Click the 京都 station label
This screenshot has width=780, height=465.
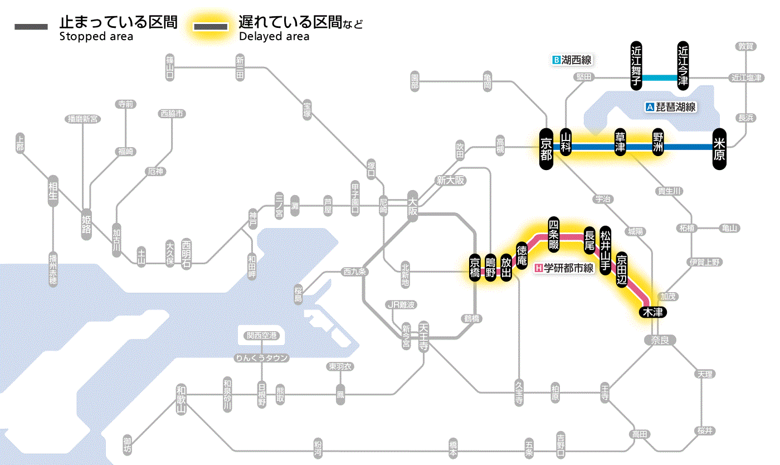tap(547, 148)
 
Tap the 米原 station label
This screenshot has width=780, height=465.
tap(719, 148)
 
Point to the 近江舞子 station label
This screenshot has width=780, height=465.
tap(636, 65)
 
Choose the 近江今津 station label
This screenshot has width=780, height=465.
tap(683, 65)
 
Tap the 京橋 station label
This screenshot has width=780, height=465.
tap(475, 269)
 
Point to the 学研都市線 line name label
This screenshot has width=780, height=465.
tap(569, 268)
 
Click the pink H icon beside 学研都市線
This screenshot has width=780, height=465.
tap(538, 268)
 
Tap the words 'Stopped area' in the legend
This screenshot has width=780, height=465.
tap(96, 37)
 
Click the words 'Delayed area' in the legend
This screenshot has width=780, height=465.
tap(274, 37)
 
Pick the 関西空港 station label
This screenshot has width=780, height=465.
tap(261, 336)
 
